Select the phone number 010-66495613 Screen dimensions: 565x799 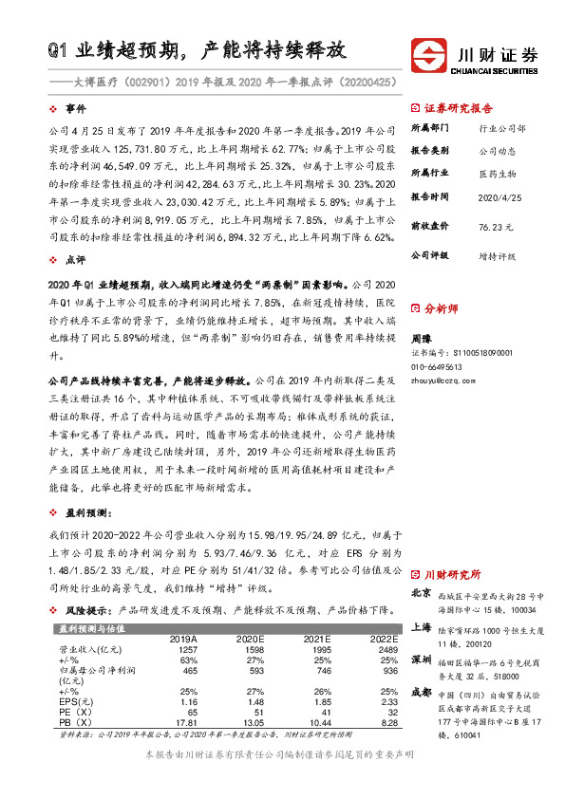point(436,366)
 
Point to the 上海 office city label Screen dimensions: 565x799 point(422,627)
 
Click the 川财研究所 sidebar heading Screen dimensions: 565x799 point(452,575)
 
